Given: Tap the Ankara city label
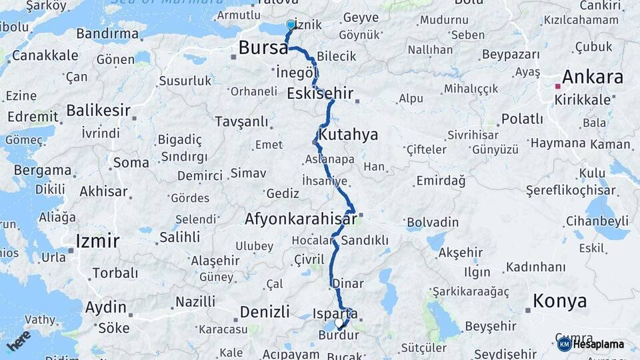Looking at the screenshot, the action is pos(593,77).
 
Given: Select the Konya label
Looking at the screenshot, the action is pos(560,301).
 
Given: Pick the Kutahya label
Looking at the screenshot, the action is pos(348,135).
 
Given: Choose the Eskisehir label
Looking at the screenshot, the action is pos(320,93).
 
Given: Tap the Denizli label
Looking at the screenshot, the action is pos(265,311).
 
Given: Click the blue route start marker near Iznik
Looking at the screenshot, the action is pos(291,25).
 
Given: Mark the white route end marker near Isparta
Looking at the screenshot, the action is pos(339,323).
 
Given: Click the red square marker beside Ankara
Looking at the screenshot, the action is pos(557,86).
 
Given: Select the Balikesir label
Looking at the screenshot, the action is pos(97,110).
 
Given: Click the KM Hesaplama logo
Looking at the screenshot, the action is pos(591,344).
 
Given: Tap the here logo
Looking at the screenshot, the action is pos(18,341).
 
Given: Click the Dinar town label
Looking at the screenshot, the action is pos(349,283).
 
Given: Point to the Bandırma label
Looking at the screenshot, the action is pos(107,33).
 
